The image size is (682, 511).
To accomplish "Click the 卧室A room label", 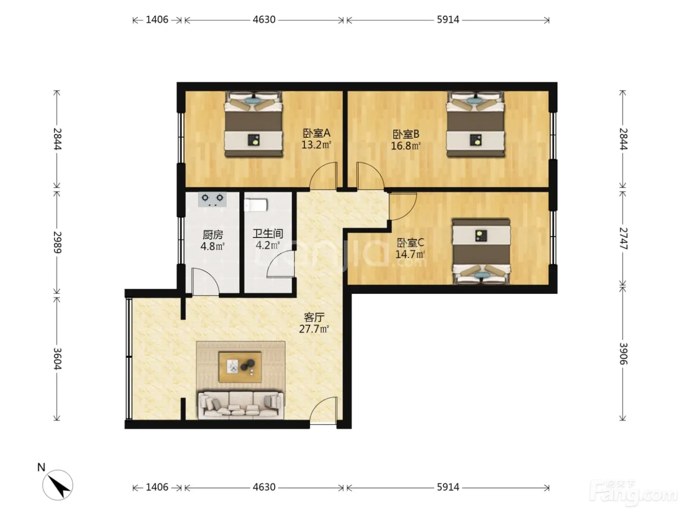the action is tap(316, 133).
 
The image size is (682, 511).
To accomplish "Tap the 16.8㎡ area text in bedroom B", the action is tap(405, 146).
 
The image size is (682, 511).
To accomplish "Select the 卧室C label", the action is tap(410, 242).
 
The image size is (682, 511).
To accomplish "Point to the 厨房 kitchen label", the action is tap(212, 235).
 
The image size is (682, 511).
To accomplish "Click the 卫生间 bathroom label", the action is tap(267, 234).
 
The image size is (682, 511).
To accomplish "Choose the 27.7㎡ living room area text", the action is tap(314, 328).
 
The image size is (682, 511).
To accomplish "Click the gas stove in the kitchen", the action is tap(212, 199).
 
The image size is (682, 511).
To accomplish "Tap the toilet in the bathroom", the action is tap(255, 205).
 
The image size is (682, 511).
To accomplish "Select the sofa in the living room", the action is tap(241, 404).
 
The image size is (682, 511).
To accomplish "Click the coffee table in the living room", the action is tap(240, 367).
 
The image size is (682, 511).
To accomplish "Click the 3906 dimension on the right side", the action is tap(623, 354).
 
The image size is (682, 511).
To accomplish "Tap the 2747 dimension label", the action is tap(623, 238).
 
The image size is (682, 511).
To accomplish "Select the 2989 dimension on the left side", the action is tap(57, 242).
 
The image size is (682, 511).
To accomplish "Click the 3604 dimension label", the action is tap(57, 359).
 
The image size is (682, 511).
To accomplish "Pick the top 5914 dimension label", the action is tap(448, 19).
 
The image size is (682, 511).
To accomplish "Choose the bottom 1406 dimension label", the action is tap(157, 487).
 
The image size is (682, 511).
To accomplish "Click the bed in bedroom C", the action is tap(481, 252).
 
